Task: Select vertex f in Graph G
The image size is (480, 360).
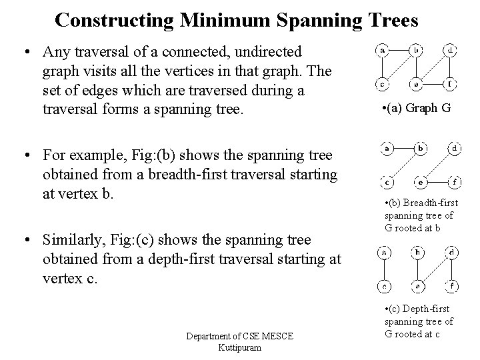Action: tap(451, 85)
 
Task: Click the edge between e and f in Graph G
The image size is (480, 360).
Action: tap(434, 85)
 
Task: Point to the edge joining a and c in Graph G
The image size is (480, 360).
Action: tap(383, 68)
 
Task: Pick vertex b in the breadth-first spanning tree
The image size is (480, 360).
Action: tap(421, 148)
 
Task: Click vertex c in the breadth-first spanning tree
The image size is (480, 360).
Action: tap(386, 181)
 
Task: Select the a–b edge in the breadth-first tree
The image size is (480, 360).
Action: tap(403, 148)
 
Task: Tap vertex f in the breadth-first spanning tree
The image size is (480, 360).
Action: tap(453, 181)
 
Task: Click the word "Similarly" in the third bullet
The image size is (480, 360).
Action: tap(71, 239)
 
